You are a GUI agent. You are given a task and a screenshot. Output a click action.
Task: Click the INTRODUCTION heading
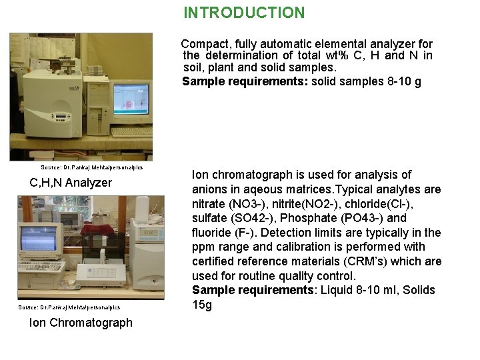[x=244, y=13]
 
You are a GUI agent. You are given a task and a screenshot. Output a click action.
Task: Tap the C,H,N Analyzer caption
[x=70, y=183]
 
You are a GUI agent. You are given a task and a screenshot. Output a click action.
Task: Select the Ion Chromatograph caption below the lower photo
[x=81, y=323]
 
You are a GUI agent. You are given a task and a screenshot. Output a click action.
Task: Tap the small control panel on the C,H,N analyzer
[x=62, y=118]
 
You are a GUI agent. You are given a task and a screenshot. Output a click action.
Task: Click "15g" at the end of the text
[x=202, y=305]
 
